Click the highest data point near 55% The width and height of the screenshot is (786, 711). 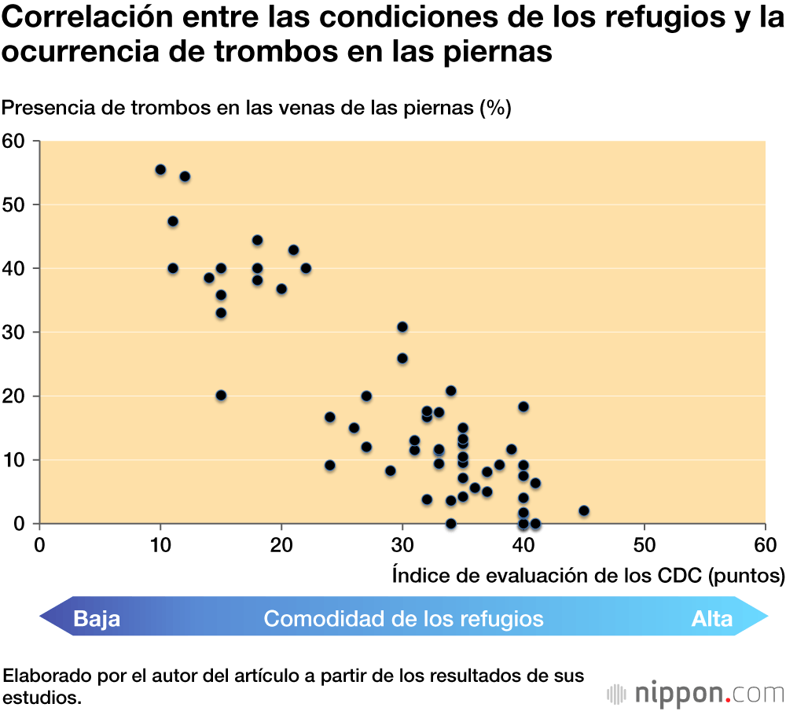tap(160, 170)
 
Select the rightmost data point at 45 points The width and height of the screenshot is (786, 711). tap(583, 510)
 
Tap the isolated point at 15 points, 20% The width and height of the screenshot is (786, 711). tap(221, 396)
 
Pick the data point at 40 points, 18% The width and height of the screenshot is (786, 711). tap(523, 407)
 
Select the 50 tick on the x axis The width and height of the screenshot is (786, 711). tap(645, 545)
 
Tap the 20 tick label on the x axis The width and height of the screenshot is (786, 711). tap(281, 545)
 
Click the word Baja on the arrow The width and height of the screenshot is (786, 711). tap(97, 619)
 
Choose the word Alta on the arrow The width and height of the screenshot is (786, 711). tap(712, 619)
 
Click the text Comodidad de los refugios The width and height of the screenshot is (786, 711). tap(403, 619)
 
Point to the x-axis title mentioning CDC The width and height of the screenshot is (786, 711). tap(588, 577)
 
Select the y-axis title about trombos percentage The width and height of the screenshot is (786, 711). tap(257, 108)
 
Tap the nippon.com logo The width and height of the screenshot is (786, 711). tap(696, 693)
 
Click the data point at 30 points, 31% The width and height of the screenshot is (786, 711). tap(402, 327)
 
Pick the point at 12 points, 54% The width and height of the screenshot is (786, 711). tap(185, 176)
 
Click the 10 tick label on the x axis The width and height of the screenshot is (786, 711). tap(160, 545)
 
